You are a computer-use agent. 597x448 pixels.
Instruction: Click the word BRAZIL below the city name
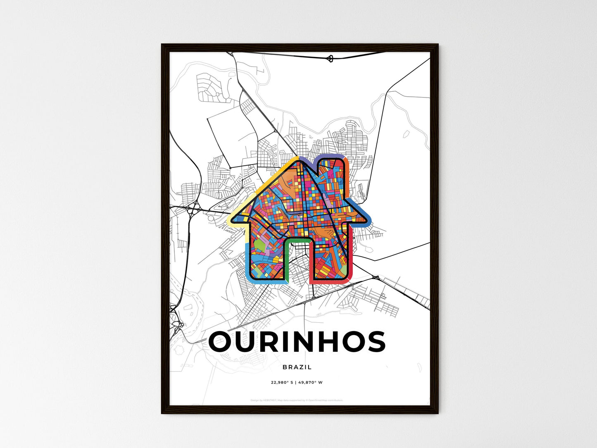click(297, 367)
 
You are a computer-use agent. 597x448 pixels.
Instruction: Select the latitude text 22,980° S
click(282, 382)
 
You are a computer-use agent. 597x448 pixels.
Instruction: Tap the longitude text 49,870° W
click(310, 382)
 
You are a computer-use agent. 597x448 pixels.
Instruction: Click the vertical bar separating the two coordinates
click(296, 382)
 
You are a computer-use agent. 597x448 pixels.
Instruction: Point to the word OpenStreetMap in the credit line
click(319, 400)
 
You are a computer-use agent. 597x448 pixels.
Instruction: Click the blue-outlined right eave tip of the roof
click(365, 218)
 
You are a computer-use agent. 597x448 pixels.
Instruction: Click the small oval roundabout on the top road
click(330, 58)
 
